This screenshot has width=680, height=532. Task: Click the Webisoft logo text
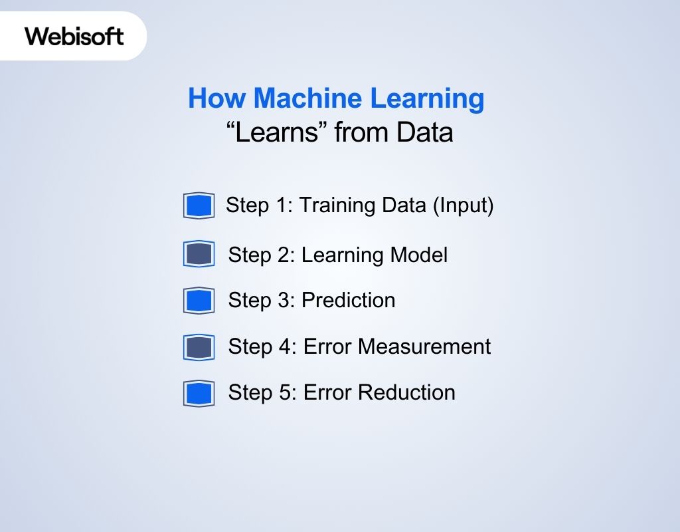click(74, 36)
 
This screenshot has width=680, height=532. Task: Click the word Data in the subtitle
click(424, 132)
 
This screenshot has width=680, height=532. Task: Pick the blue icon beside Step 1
click(199, 206)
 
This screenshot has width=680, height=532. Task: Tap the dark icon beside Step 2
click(199, 254)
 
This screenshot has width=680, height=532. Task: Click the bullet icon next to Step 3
click(199, 301)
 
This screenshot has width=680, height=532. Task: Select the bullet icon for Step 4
click(199, 347)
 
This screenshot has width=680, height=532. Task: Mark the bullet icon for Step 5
click(199, 393)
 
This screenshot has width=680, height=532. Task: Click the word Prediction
click(349, 301)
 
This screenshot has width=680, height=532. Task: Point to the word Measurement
click(424, 346)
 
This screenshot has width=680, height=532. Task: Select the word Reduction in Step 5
click(406, 392)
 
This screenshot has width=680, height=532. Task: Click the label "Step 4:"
click(262, 346)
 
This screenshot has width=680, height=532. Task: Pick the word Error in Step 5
click(327, 392)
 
